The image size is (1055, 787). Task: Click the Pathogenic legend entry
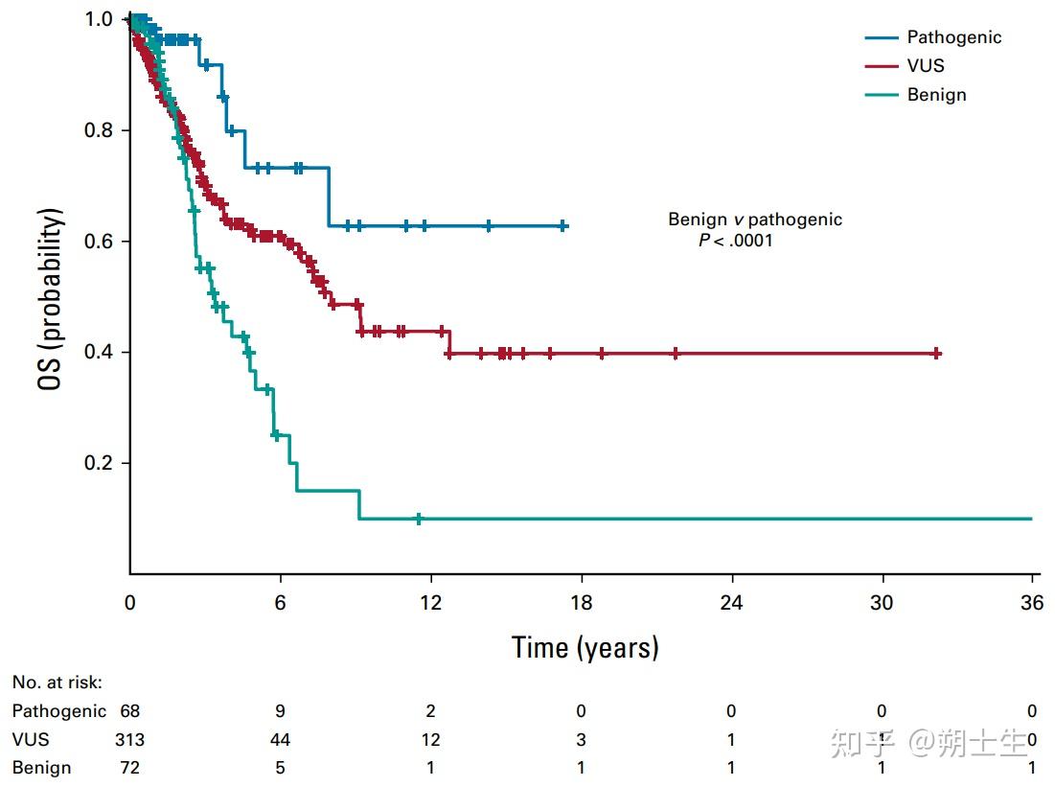(x=954, y=37)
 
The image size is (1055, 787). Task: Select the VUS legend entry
(x=926, y=66)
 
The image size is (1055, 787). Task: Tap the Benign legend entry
(x=936, y=95)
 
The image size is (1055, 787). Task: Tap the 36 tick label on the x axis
(x=1031, y=603)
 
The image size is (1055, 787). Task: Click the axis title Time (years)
(x=585, y=648)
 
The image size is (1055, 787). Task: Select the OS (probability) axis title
(x=53, y=299)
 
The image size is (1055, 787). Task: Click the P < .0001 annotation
(x=735, y=241)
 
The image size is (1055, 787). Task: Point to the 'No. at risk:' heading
(x=57, y=683)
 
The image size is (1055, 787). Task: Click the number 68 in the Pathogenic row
(x=129, y=711)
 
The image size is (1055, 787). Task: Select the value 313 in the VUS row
(x=129, y=740)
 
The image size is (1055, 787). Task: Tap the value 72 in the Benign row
(x=129, y=768)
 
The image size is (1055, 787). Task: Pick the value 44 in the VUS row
(x=280, y=740)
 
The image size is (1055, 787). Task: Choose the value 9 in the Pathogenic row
(x=280, y=711)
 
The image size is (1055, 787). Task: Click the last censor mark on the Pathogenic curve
(x=562, y=226)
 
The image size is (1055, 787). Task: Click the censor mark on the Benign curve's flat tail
(x=419, y=519)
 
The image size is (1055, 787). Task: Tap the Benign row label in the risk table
(x=41, y=768)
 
